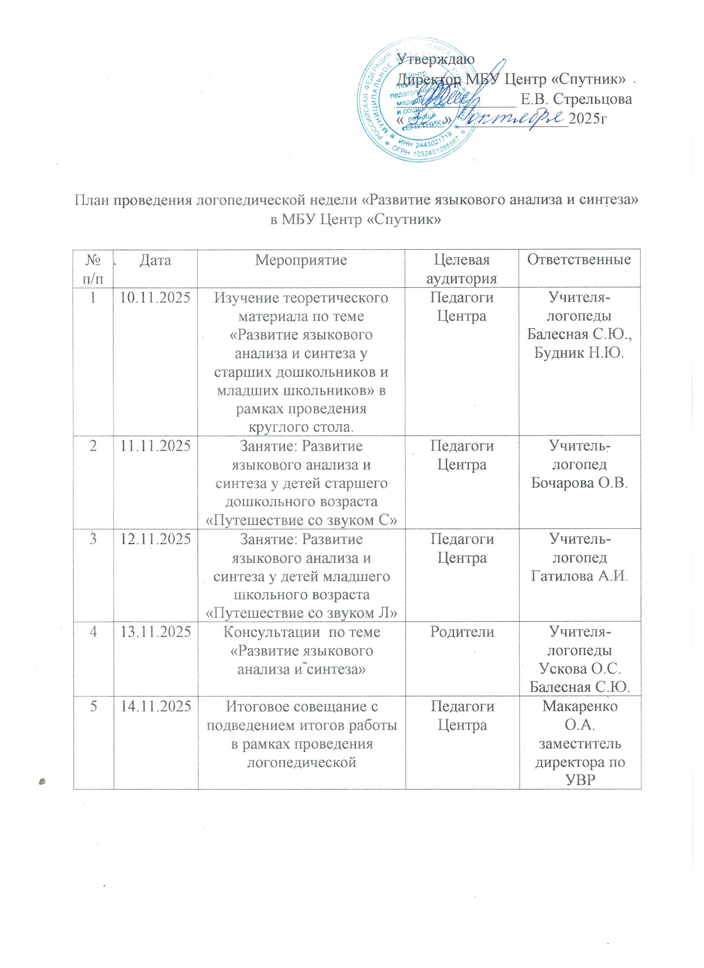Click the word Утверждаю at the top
click(436, 59)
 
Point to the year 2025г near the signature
click(588, 118)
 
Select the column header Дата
click(155, 260)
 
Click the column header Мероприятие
click(301, 260)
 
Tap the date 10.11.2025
click(155, 298)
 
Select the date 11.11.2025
click(155, 446)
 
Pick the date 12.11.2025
click(155, 539)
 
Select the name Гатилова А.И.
click(579, 576)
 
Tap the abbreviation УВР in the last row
click(580, 780)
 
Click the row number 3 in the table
click(93, 539)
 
